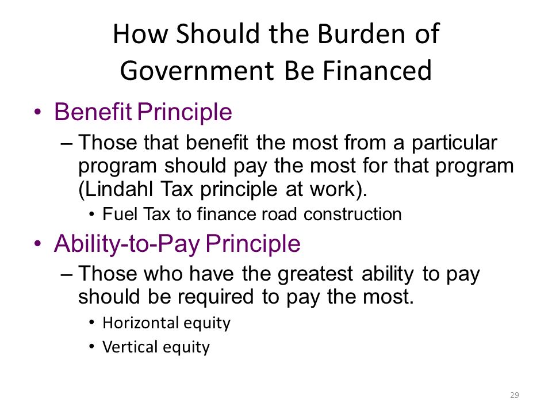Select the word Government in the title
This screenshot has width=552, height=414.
pyautogui.click(x=197, y=70)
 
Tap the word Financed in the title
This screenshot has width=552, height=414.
pyautogui.click(x=377, y=70)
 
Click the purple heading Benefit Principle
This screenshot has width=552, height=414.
pyautogui.click(x=143, y=112)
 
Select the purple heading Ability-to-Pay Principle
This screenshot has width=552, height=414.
pyautogui.click(x=177, y=244)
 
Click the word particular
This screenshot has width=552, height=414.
pyautogui.click(x=454, y=143)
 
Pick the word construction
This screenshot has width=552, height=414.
pyautogui.click(x=352, y=214)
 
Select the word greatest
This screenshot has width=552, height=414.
pyautogui.click(x=315, y=274)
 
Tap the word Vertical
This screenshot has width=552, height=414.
pyautogui.click(x=130, y=347)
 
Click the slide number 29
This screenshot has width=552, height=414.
pyautogui.click(x=514, y=395)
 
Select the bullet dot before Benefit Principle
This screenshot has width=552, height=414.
pyautogui.click(x=38, y=112)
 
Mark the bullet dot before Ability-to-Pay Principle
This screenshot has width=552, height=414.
pyautogui.click(x=38, y=244)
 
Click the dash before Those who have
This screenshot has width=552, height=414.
pyautogui.click(x=67, y=275)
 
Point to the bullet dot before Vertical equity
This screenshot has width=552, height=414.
pyautogui.click(x=92, y=347)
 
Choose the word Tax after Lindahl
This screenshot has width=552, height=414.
pyautogui.click(x=177, y=189)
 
